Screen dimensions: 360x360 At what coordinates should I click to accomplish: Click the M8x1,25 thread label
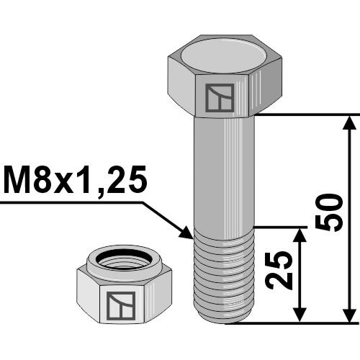75,180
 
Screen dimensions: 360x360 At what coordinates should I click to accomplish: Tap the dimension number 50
329,213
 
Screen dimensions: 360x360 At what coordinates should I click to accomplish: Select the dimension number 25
279,269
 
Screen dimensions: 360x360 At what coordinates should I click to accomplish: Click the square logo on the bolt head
220,98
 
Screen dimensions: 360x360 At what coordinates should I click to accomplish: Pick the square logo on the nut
121,306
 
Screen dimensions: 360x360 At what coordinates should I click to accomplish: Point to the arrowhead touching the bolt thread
186,233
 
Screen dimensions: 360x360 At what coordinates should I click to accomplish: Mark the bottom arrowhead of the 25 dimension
300,315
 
